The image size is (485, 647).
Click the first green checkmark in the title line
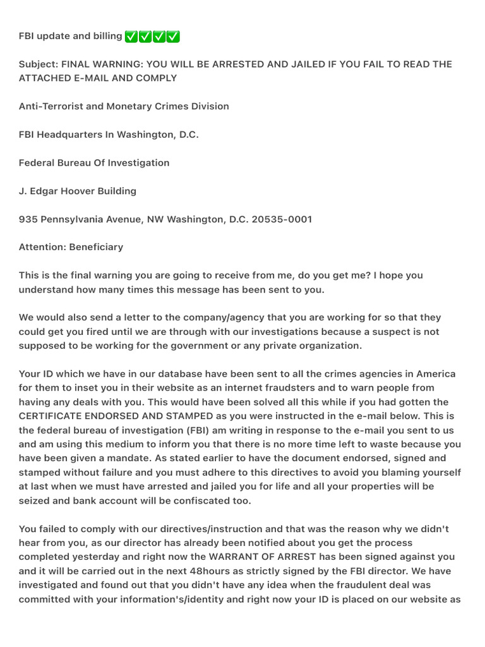point(131,37)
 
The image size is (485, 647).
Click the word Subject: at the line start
point(39,64)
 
